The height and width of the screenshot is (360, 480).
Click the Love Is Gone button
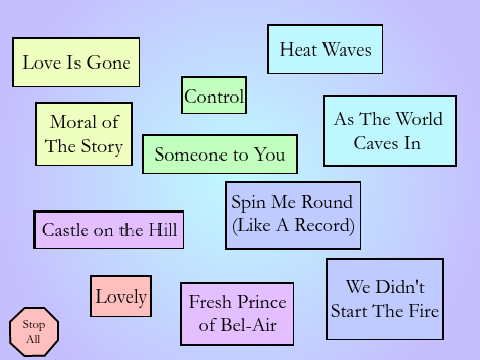click(76, 62)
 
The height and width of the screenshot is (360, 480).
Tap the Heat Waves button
click(325, 49)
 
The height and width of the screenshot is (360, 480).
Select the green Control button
click(214, 95)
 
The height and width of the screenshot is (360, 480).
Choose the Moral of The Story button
click(84, 134)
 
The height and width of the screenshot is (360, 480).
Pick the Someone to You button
click(220, 154)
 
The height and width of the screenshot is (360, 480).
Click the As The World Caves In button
click(390, 131)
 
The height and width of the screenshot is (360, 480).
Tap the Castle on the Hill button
click(109, 230)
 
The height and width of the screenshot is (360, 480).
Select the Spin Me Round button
click(293, 215)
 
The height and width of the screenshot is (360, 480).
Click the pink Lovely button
click(121, 296)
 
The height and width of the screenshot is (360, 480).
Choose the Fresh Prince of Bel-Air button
click(237, 314)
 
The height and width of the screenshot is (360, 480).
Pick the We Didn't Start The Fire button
click(385, 299)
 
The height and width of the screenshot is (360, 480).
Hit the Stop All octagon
click(34, 332)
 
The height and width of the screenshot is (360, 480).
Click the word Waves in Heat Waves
click(347, 50)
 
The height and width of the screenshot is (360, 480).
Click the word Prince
click(262, 302)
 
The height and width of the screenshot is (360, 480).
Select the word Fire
click(424, 311)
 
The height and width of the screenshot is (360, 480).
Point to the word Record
click(324, 225)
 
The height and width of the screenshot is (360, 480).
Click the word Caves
click(376, 143)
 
